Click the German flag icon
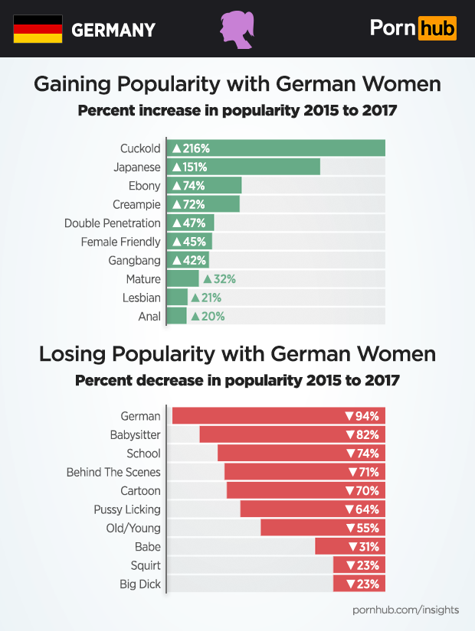38,29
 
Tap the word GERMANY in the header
113,31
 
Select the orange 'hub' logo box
437,29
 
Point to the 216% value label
191,148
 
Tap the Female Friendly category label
121,242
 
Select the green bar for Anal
177,316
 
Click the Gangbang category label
136,261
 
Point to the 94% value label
362,416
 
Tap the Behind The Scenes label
114,472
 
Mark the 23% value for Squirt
363,565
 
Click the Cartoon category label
141,490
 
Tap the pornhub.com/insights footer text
406,610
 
